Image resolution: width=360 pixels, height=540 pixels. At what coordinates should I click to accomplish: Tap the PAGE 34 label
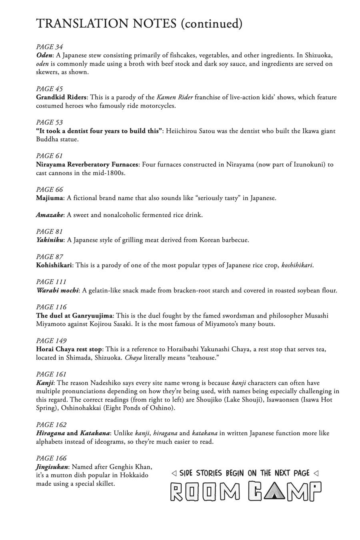coord(50,47)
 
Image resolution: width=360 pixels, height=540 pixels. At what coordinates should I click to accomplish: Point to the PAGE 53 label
coord(50,122)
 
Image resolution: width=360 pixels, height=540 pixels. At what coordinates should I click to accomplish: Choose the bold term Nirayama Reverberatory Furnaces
coord(87,164)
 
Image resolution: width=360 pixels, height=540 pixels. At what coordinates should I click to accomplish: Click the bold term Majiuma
coord(50,198)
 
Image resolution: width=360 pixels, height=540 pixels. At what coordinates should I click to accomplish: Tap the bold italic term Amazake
coord(50,215)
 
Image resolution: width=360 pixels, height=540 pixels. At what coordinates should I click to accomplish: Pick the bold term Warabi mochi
coord(57,290)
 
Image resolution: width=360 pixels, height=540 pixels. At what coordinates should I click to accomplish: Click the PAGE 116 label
coord(51,307)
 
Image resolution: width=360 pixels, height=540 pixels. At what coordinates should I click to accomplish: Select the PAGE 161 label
coord(51,374)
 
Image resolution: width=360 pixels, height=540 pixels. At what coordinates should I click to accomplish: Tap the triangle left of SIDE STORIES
coord(174,474)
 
